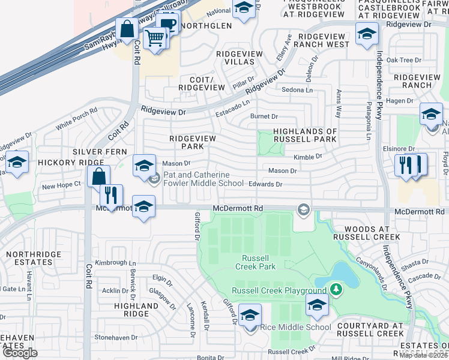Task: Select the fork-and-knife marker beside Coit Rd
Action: point(110,195)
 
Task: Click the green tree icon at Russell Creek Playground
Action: point(336,290)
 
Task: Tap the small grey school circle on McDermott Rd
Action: point(304,209)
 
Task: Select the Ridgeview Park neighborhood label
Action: point(192,142)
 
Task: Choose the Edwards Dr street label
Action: point(265,184)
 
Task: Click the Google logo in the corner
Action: point(19,353)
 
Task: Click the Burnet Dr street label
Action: point(264,116)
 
